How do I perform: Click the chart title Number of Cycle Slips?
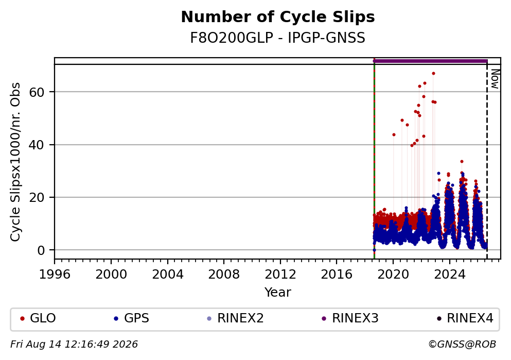[278, 17]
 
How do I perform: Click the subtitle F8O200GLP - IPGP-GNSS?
[278, 38]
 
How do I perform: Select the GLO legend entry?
[38, 318]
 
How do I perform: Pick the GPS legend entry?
[131, 318]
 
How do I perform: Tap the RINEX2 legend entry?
[235, 318]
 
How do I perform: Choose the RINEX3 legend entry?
[350, 318]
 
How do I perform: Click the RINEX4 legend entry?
[465, 318]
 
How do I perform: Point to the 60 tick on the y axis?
[37, 92]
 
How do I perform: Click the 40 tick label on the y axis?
[37, 145]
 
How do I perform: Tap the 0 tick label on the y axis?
[41, 250]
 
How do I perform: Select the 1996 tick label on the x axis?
[55, 275]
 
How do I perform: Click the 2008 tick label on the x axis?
[224, 275]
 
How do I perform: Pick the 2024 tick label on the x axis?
[449, 275]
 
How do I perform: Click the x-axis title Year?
[278, 292]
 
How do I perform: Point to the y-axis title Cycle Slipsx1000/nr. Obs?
[15, 162]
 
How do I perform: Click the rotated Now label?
[495, 79]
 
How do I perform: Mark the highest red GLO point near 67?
[433, 73]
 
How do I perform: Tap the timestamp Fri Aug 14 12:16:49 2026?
[74, 345]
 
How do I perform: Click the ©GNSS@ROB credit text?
[462, 345]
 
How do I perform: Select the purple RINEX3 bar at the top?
[430, 61]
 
